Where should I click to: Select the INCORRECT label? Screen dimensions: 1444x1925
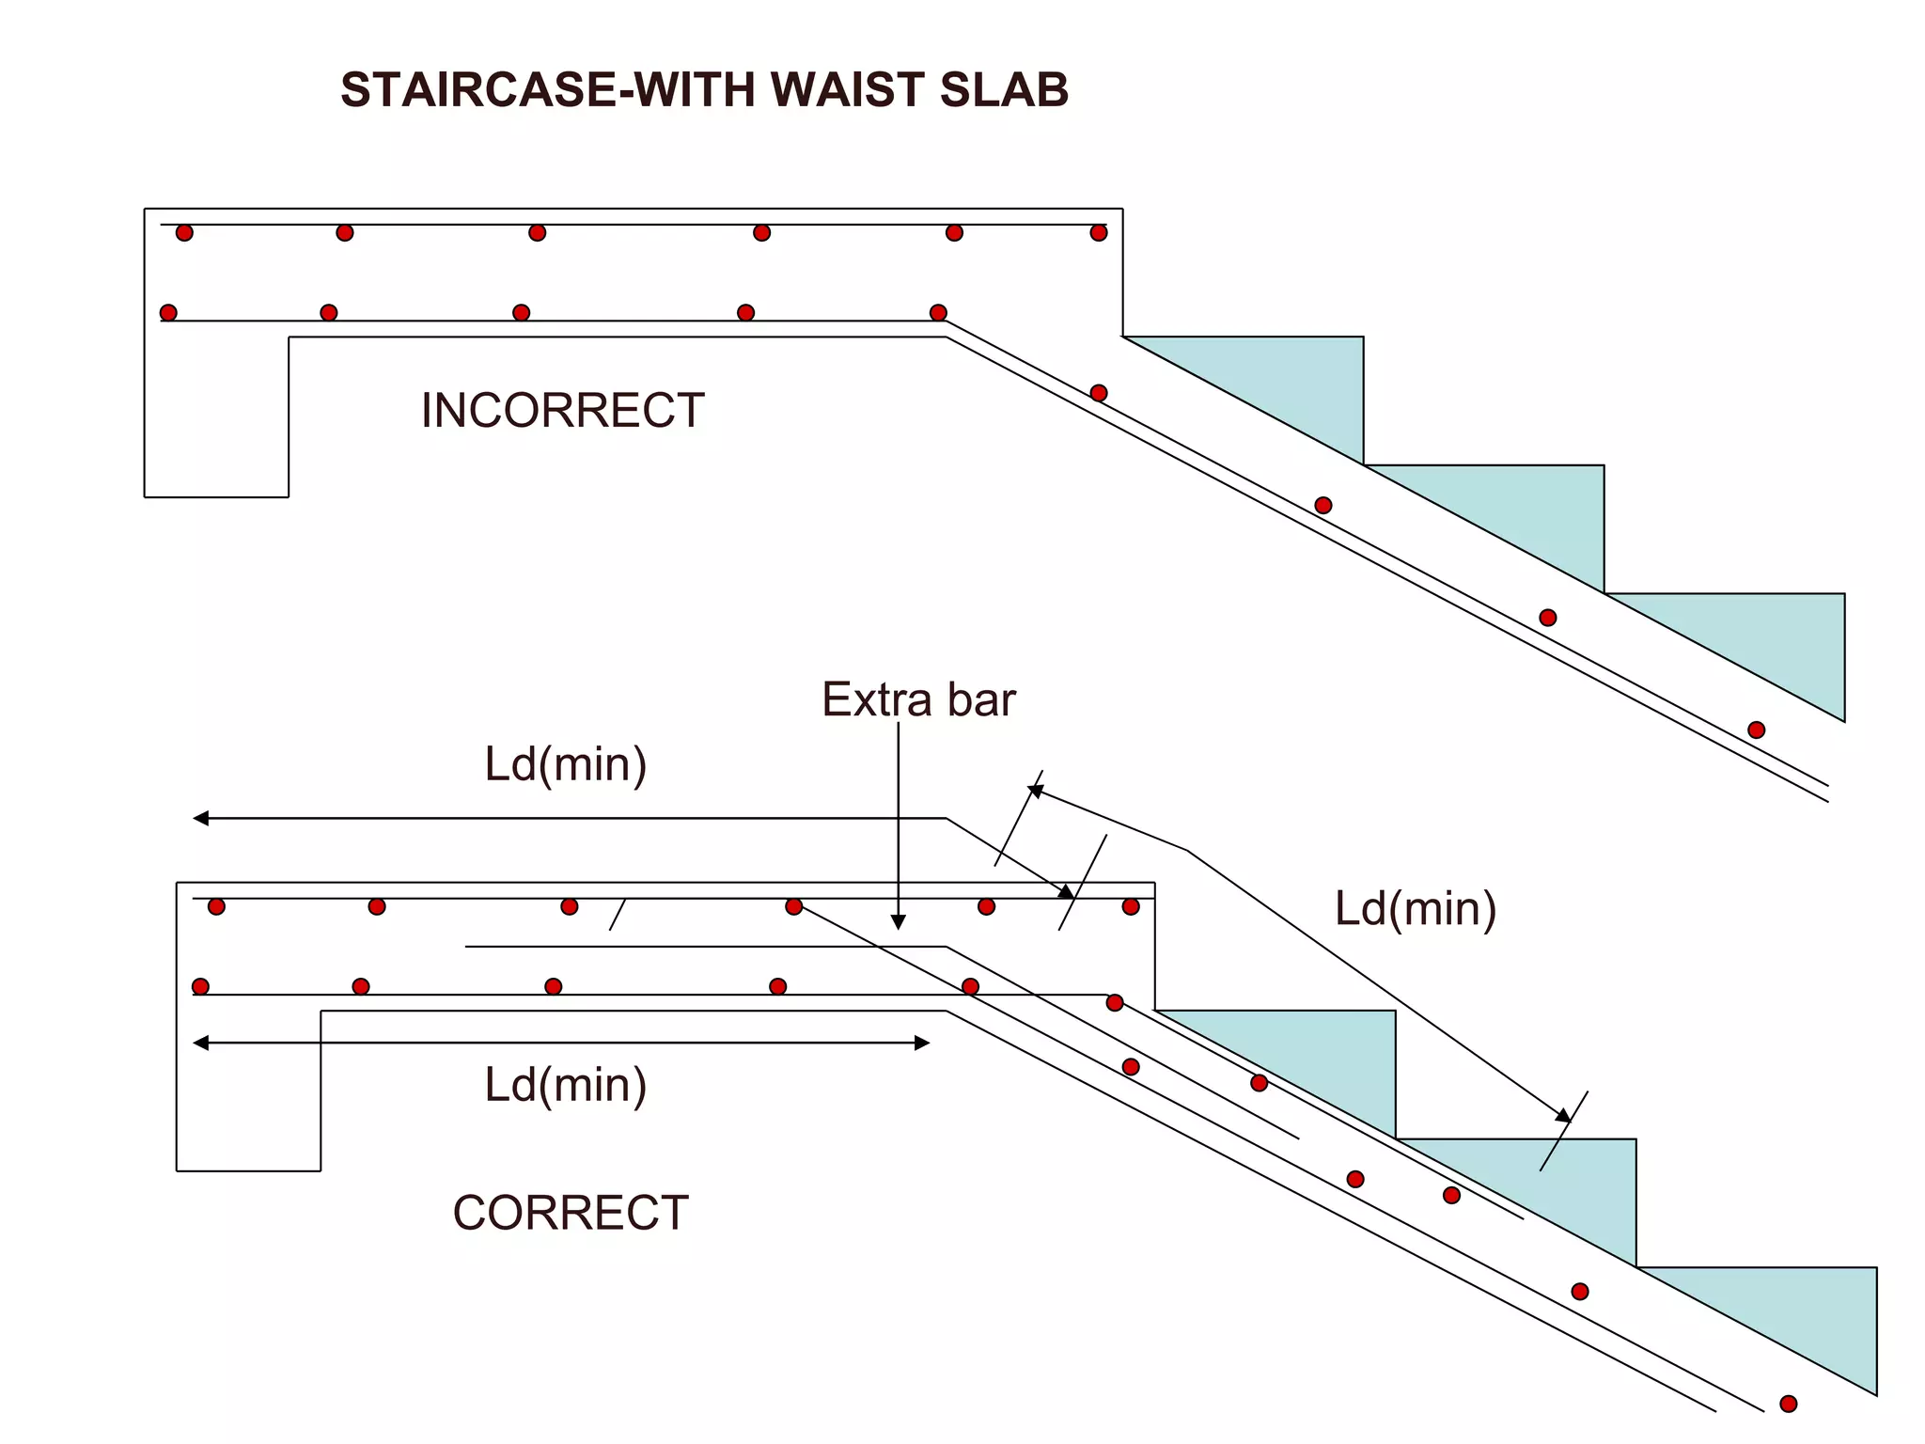click(x=562, y=411)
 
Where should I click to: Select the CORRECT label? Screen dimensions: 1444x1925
click(x=571, y=1213)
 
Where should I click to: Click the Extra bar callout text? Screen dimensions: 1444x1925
click(x=918, y=699)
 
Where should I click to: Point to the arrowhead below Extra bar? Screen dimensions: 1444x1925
click(x=898, y=922)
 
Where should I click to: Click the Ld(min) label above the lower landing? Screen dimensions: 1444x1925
click(x=565, y=763)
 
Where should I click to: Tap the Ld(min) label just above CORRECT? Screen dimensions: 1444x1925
click(x=565, y=1084)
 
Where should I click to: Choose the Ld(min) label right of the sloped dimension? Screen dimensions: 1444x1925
click(x=1416, y=908)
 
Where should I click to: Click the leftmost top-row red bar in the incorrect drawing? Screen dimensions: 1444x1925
click(x=184, y=232)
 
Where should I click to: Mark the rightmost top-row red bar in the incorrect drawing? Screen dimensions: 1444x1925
click(x=1099, y=232)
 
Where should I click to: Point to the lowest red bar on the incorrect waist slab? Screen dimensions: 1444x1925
click(x=1756, y=730)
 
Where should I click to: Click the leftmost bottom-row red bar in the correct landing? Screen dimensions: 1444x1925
click(x=200, y=986)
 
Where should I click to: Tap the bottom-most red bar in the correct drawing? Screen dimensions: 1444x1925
click(x=1789, y=1404)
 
